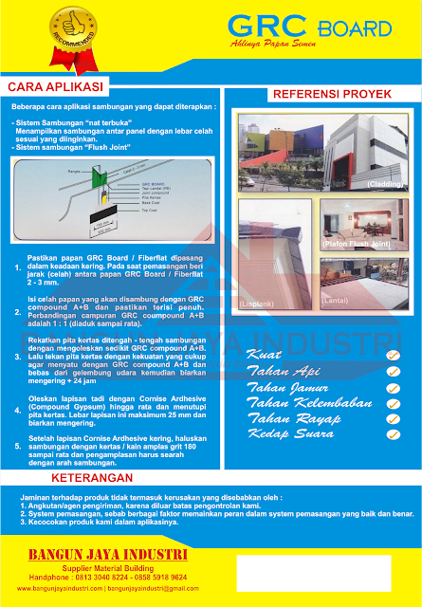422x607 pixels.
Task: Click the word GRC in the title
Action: (x=263, y=27)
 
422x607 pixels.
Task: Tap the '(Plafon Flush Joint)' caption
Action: (x=356, y=245)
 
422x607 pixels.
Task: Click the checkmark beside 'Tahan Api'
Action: (x=393, y=372)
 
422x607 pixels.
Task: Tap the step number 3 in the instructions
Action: (x=15, y=358)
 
